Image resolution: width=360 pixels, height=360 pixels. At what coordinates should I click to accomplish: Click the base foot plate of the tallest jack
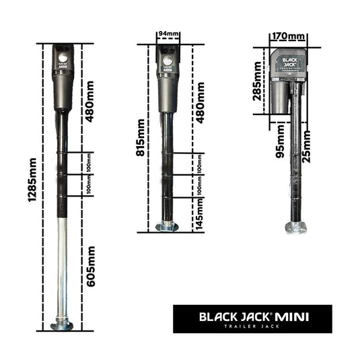62,326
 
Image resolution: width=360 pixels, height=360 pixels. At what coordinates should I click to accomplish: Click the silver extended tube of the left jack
62,269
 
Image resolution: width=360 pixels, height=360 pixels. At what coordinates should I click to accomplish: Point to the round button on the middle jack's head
166,61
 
